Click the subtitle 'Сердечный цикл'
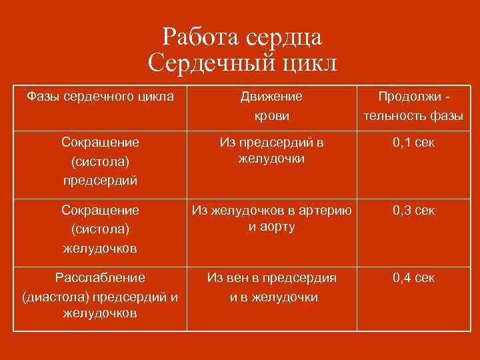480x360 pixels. (243, 64)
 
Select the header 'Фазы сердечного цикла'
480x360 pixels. (100, 97)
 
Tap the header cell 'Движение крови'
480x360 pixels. (271, 106)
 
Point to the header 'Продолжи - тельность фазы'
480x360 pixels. (413, 106)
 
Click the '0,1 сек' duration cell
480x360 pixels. (413, 143)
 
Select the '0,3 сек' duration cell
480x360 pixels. (413, 210)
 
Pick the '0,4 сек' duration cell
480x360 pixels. (413, 277)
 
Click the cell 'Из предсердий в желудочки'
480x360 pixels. (271, 151)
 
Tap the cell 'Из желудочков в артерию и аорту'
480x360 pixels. (271, 218)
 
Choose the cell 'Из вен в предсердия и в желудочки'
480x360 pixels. (271, 287)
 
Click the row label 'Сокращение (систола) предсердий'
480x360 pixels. (100, 161)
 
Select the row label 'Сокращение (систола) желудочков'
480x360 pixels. (100, 229)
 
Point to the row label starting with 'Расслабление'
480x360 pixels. (100, 295)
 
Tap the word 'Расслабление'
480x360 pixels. (100, 277)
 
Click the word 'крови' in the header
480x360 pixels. (272, 116)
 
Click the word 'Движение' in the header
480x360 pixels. (271, 97)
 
